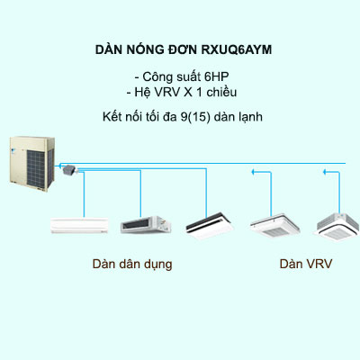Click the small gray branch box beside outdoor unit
click(x=68, y=169)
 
